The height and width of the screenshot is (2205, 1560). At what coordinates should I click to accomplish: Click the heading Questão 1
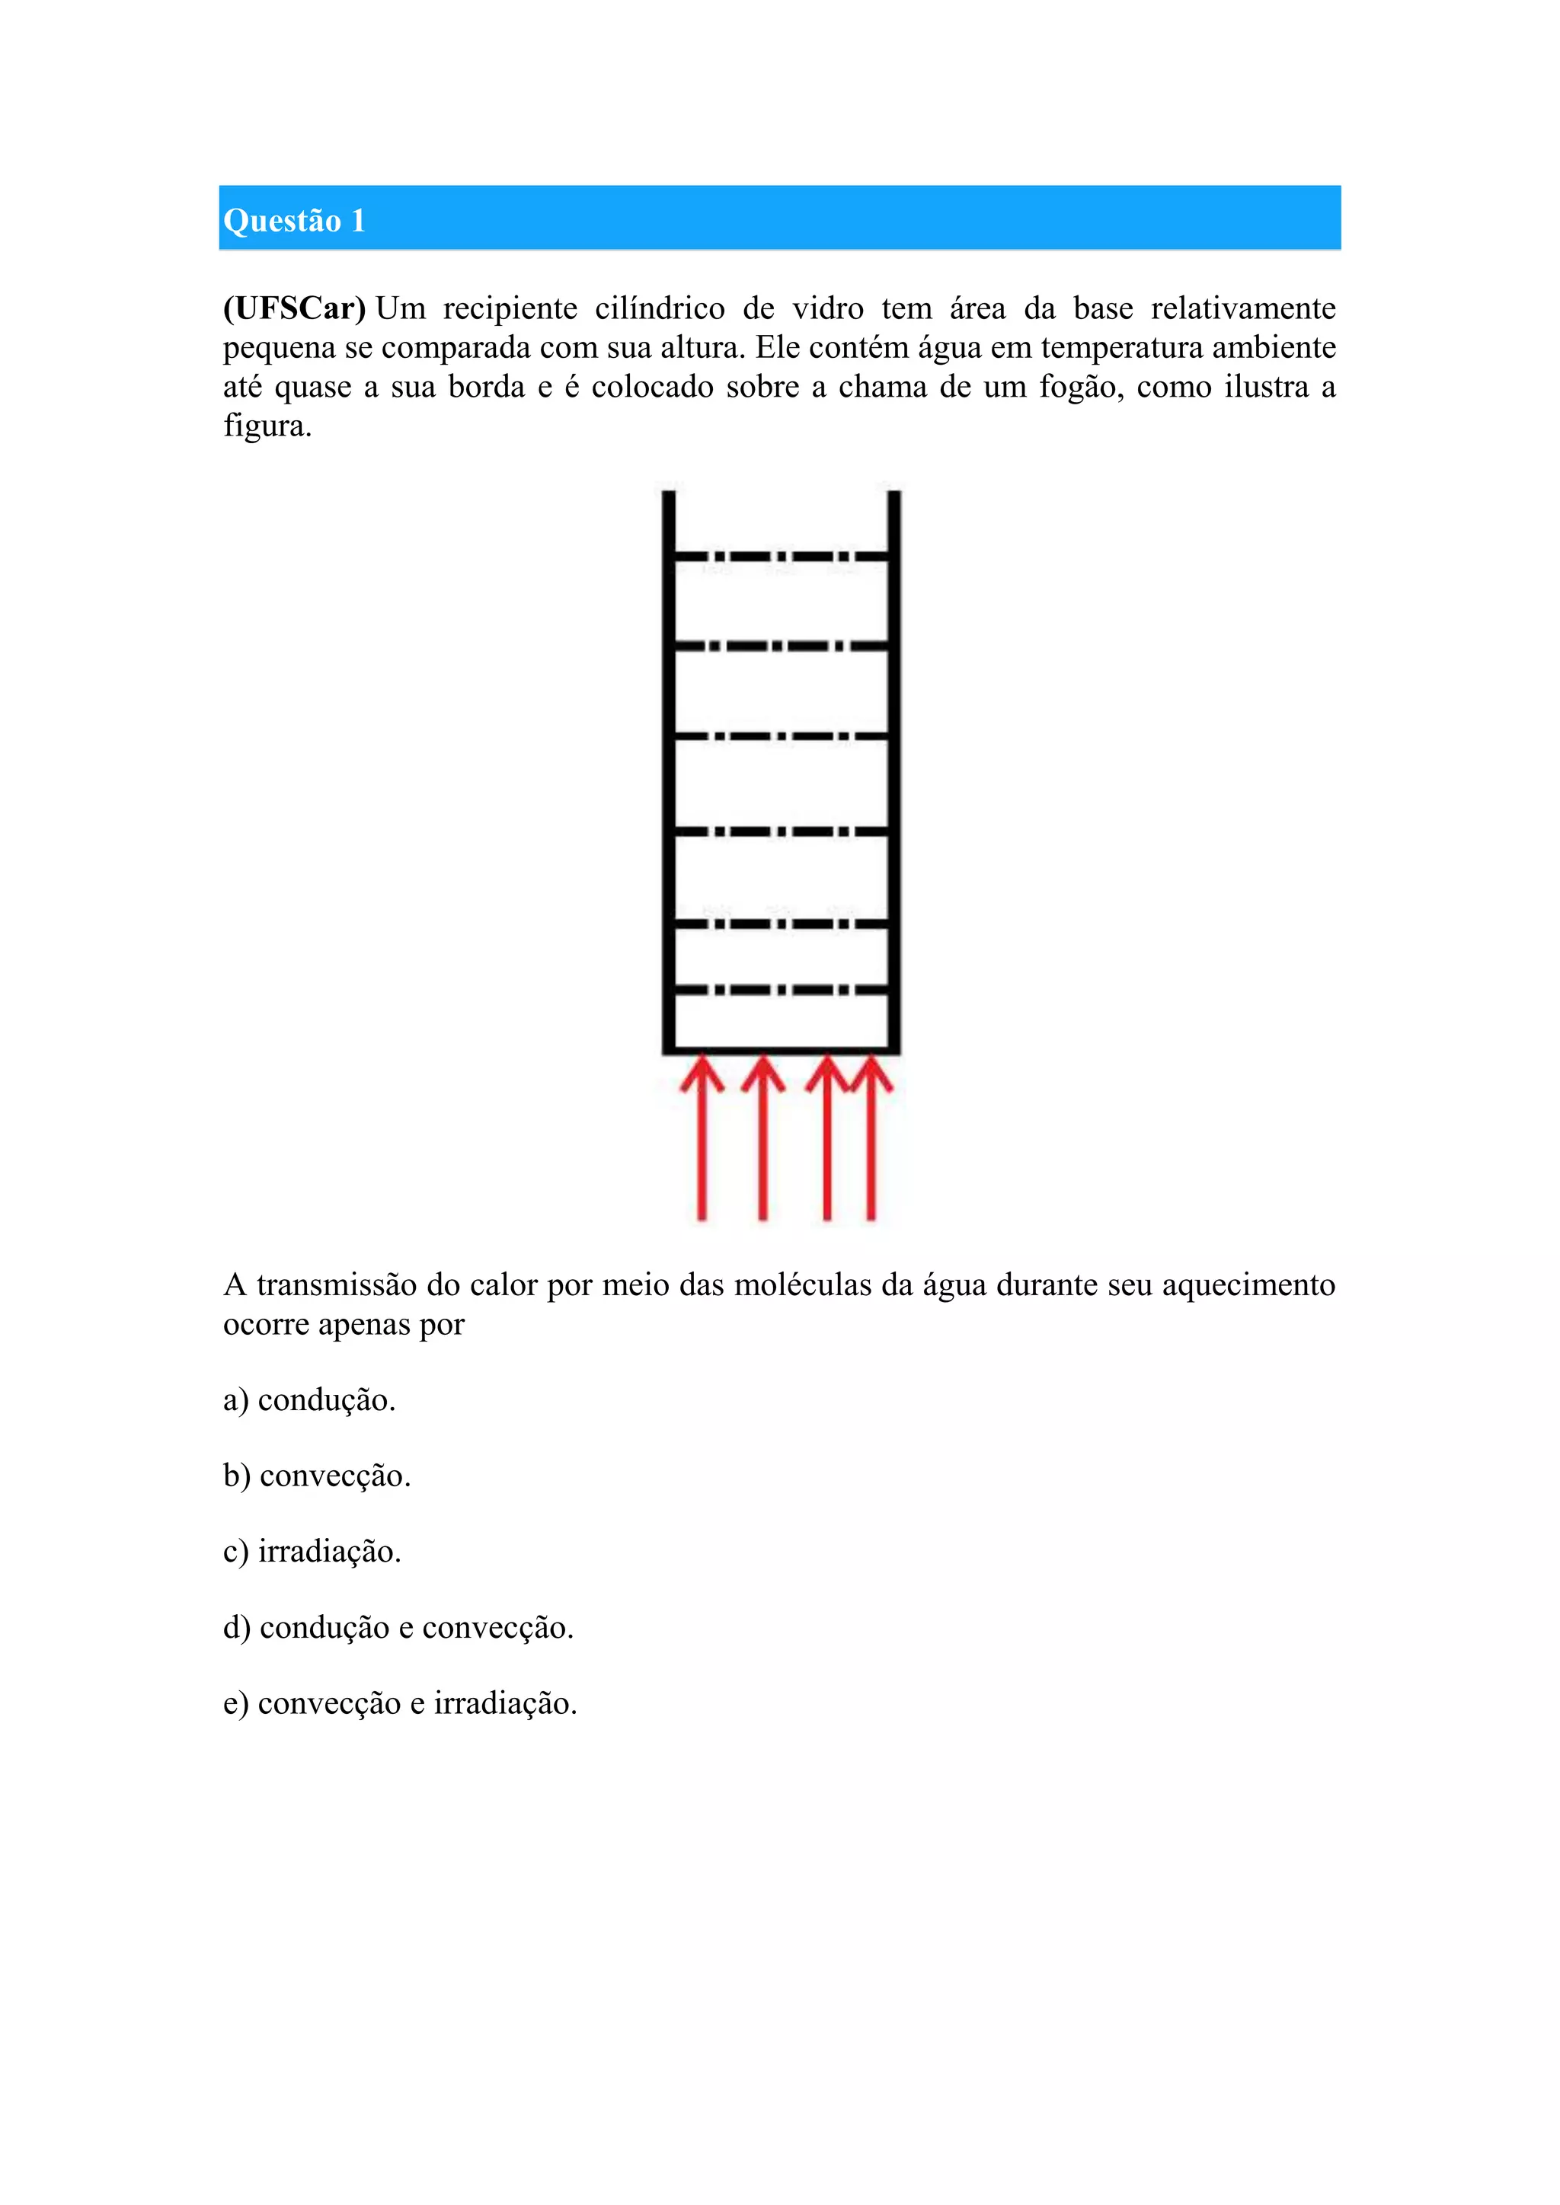coord(294,221)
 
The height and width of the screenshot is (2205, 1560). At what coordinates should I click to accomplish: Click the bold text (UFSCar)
coord(294,308)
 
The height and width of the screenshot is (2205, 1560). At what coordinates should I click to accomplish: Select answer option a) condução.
coord(309,1400)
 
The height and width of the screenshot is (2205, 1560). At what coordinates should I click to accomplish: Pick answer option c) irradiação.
coord(312,1552)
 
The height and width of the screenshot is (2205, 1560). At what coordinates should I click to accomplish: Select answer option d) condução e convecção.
coord(398,1628)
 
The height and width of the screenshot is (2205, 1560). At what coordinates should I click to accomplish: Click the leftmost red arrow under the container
coord(702,1143)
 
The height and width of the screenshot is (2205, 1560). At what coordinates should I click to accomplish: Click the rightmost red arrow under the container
coord(871,1143)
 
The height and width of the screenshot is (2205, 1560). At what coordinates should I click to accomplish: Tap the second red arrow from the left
coord(762,1143)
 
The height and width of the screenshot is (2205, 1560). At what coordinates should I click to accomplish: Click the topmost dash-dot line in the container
coord(781,556)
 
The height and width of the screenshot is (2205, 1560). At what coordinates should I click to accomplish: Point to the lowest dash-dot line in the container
coord(781,989)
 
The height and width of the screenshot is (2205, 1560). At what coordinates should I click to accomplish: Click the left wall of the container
coord(669,768)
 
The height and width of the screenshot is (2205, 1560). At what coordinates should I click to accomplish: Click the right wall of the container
coord(894,768)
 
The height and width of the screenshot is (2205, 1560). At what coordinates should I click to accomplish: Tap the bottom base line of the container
coord(781,1051)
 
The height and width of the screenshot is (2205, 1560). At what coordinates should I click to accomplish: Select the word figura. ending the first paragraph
coord(267,426)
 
